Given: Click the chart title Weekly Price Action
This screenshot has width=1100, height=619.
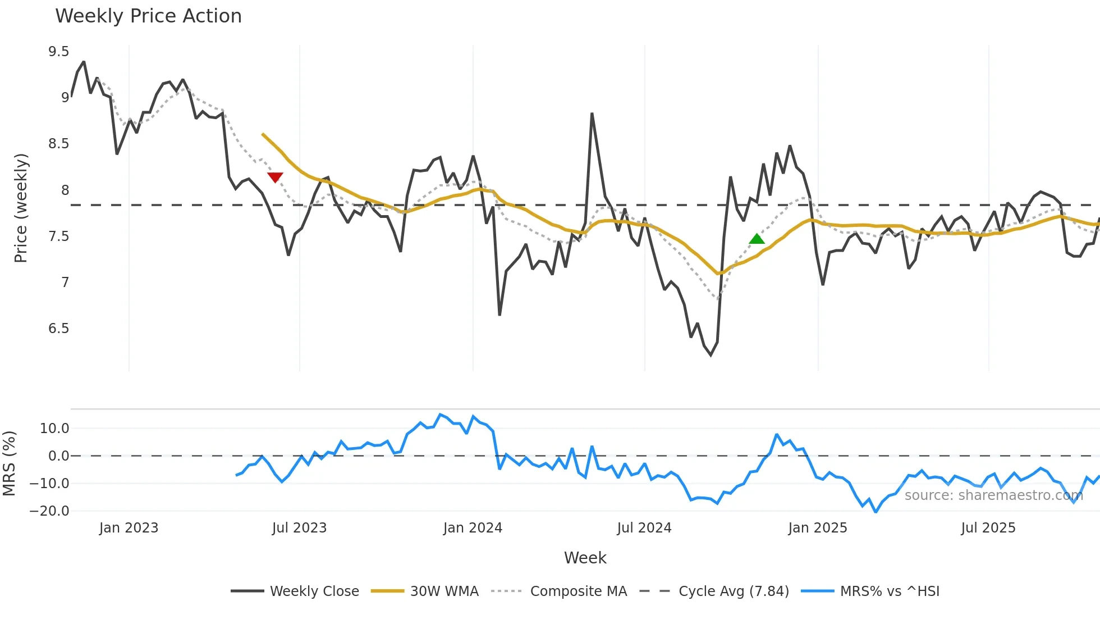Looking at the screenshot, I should click(148, 16).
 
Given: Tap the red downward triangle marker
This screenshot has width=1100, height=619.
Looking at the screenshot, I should click(275, 177).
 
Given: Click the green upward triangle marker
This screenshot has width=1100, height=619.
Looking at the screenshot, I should click(757, 239).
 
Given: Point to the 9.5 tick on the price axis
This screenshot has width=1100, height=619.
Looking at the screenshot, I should click(58, 52).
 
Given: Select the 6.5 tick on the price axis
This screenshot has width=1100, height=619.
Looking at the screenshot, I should click(58, 329).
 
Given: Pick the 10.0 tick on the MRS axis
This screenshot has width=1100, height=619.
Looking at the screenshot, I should click(54, 429).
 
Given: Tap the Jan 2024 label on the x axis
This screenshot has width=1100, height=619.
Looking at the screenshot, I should click(473, 528).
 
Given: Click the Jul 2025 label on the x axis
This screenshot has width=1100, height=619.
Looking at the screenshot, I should click(988, 528).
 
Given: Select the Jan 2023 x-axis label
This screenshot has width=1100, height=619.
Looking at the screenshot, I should click(129, 528).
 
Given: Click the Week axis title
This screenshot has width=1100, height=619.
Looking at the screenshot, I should click(585, 558).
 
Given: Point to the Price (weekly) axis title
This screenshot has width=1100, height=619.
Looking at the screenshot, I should click(21, 208).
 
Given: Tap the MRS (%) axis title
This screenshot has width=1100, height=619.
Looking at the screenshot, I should click(9, 463).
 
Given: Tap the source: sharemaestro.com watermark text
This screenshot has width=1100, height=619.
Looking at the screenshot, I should click(993, 495).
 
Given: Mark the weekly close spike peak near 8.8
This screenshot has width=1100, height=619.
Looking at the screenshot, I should click(592, 114).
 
